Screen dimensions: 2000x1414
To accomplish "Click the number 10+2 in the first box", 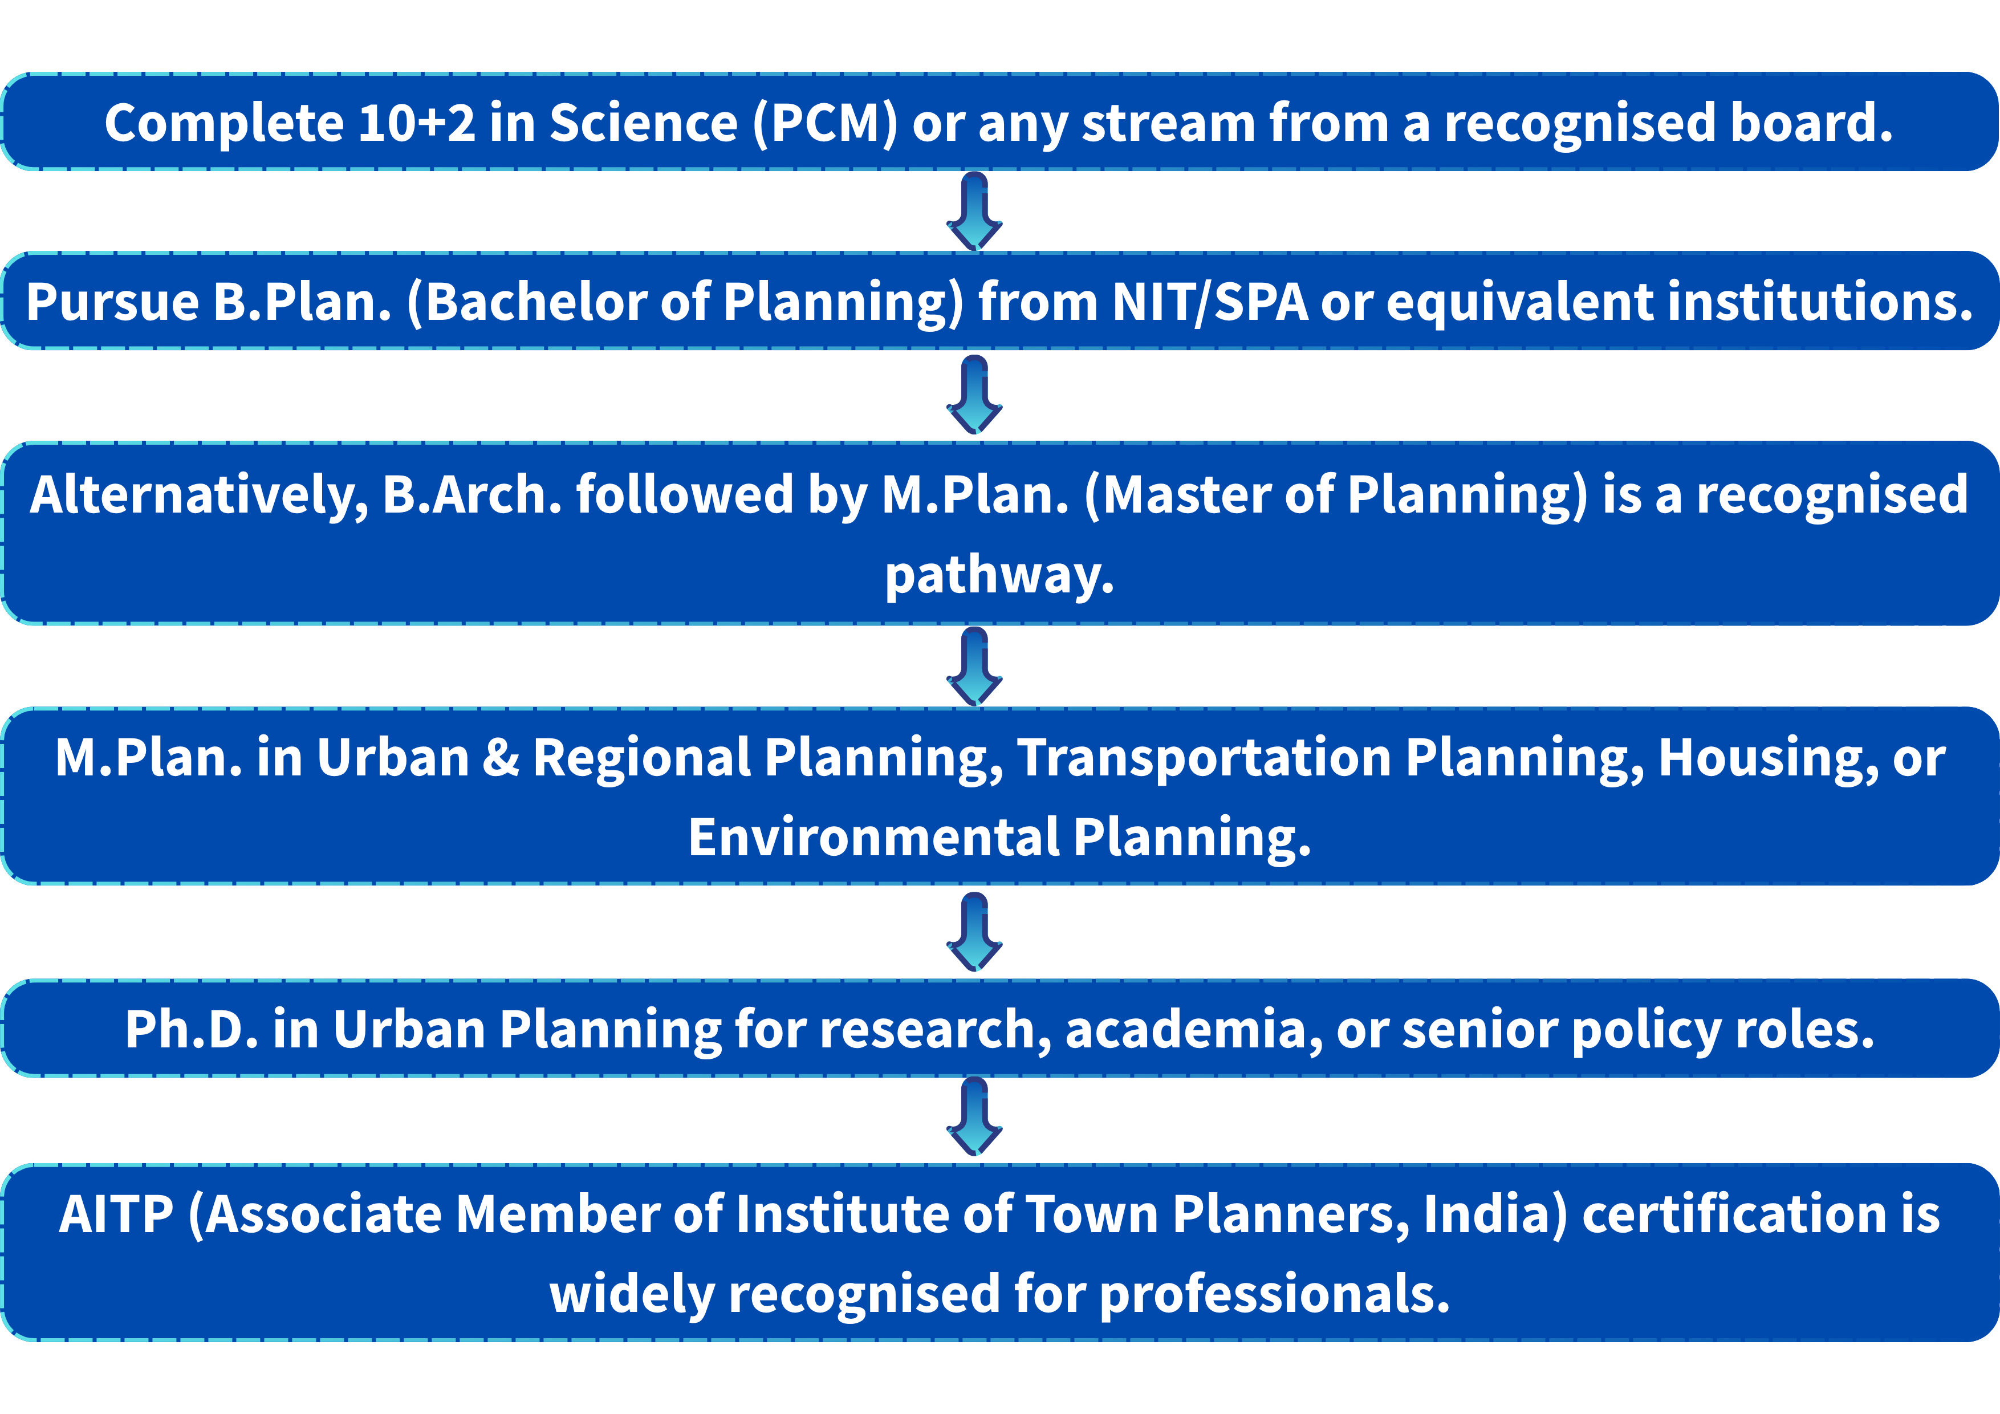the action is tap(416, 123).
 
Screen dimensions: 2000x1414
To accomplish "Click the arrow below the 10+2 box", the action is tap(975, 212).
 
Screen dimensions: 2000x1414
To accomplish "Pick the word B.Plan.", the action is tap(302, 302).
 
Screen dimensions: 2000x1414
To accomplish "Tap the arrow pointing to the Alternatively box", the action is tap(975, 395).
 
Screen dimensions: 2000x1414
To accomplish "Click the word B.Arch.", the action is tap(472, 495).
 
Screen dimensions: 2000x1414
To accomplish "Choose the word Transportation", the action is tap(1205, 758).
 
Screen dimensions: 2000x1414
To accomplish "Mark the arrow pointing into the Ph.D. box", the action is tap(975, 932).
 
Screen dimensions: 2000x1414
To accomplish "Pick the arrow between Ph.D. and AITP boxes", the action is tap(975, 1116).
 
